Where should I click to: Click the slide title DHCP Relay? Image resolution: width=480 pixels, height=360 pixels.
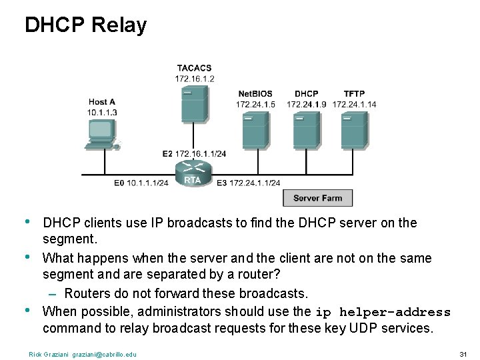(85, 25)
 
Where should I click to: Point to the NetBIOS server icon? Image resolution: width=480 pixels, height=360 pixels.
(255, 130)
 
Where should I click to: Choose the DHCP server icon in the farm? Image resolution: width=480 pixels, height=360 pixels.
(306, 130)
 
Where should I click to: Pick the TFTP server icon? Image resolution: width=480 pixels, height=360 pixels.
(353, 130)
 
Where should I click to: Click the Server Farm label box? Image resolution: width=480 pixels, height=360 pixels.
(317, 198)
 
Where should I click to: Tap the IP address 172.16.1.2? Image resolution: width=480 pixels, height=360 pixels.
(195, 78)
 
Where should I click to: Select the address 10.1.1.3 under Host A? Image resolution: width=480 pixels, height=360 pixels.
(102, 112)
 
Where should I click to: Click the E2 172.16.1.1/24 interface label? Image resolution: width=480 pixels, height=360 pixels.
(194, 154)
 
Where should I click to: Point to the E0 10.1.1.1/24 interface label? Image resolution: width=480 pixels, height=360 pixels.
(141, 183)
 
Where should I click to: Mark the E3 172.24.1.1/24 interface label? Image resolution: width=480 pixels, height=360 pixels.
(248, 183)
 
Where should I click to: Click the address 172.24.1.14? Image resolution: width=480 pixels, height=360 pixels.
(354, 104)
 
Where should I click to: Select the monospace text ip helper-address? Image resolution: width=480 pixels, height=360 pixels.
(383, 312)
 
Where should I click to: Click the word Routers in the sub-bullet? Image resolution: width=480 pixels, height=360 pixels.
(86, 293)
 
